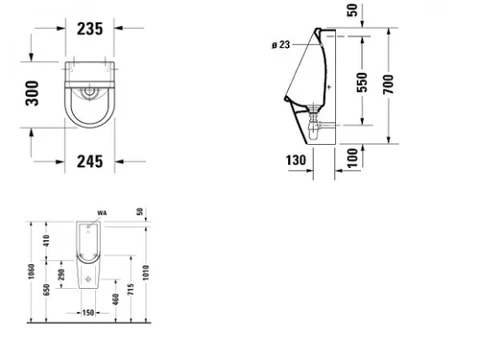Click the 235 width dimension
point(90,29)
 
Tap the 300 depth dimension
point(32,93)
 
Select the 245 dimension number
point(90,161)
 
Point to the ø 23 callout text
point(281,45)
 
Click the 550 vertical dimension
point(362,83)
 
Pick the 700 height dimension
point(388,84)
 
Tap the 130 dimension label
point(296,160)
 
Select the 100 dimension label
point(352,157)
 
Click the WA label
point(102,213)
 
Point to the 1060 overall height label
point(31,272)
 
